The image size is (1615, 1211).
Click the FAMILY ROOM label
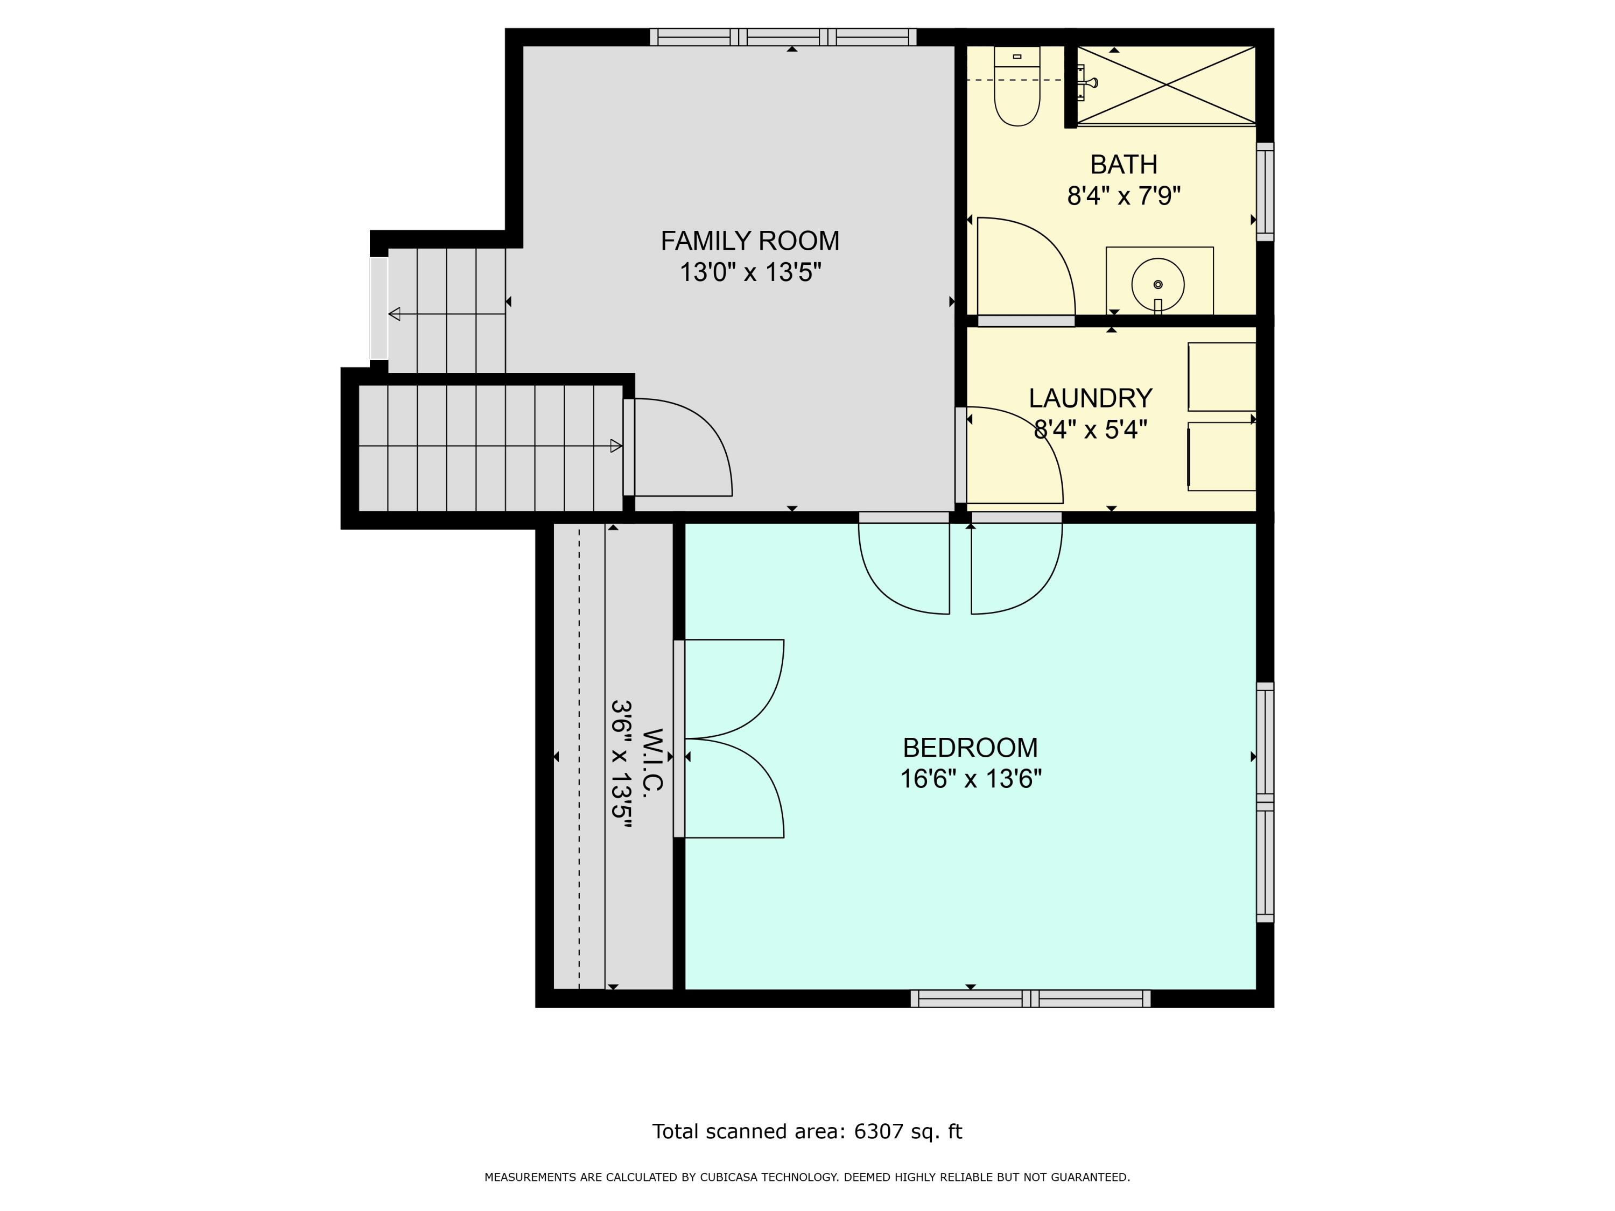point(750,241)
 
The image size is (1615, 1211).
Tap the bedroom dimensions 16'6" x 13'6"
point(970,779)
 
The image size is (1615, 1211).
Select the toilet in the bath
point(1017,86)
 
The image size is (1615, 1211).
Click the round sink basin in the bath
point(1158,284)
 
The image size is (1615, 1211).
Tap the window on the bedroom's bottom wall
point(1030,998)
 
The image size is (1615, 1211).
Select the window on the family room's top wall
point(783,37)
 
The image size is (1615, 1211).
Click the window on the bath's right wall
point(1265,191)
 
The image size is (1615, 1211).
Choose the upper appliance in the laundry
point(1221,377)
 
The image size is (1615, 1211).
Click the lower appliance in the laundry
point(1221,456)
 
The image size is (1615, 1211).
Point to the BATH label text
point(1124,165)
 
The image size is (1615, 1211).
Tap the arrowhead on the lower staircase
point(616,446)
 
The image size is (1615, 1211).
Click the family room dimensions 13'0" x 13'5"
point(750,273)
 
